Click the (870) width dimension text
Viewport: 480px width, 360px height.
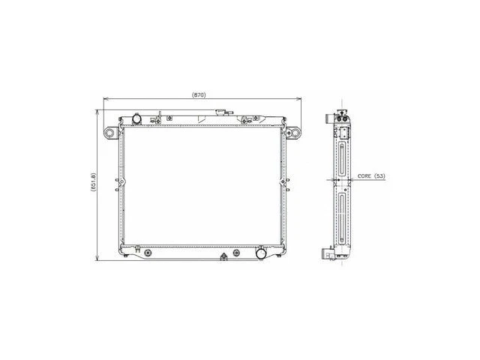tap(199, 95)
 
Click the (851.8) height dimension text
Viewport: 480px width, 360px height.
tap(93, 182)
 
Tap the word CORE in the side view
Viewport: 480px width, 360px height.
tap(364, 176)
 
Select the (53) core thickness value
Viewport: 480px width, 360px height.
tap(380, 176)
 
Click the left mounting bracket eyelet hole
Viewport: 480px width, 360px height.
tap(109, 133)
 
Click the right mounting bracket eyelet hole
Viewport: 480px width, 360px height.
tap(295, 133)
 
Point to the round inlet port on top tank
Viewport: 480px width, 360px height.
tap(136, 118)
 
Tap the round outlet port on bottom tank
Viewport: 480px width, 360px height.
tap(261, 253)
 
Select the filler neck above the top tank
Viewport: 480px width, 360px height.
tap(220, 112)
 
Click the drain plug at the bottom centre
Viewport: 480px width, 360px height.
tap(223, 256)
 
